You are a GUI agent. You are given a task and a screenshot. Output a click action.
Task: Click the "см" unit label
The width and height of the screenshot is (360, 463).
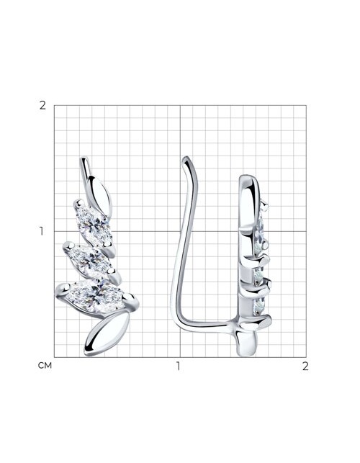pyautogui.click(x=45, y=366)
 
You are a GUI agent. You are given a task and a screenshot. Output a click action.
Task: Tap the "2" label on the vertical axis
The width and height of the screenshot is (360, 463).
pyautogui.click(x=42, y=105)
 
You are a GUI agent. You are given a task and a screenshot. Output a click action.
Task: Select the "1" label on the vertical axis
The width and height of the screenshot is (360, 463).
pyautogui.click(x=41, y=232)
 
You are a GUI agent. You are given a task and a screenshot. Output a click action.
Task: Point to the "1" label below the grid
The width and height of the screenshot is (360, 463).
pyautogui.click(x=178, y=366)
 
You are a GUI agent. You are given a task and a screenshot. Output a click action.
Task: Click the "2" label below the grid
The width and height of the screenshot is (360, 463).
pyautogui.click(x=305, y=366)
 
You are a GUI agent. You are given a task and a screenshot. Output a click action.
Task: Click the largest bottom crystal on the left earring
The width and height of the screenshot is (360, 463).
pyautogui.click(x=96, y=296)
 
